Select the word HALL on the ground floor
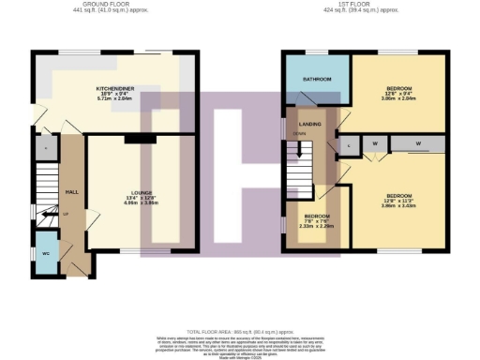coord(70,193)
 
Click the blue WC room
coord(46,254)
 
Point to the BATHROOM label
coord(316,79)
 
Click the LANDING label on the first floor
coord(310,124)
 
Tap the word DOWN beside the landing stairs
coord(300,133)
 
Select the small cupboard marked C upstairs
coord(348,143)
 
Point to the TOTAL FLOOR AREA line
coord(240,332)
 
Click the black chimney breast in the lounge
coord(140,139)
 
